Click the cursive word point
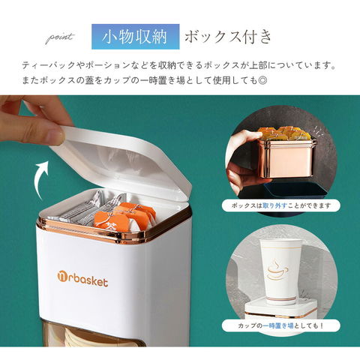(60, 38)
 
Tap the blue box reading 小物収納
(136, 37)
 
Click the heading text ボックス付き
(228, 37)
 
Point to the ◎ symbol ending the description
(262, 80)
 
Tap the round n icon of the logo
(62, 277)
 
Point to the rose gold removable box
(286, 158)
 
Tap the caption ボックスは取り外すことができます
(281, 205)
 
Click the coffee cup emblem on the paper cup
(277, 270)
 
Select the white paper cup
(279, 271)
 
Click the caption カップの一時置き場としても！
(281, 325)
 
